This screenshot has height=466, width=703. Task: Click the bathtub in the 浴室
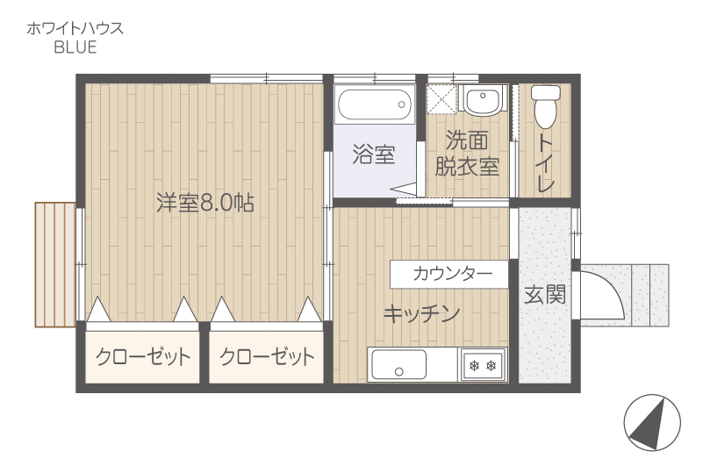[375, 104]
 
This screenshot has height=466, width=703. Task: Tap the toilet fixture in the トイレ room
[545, 106]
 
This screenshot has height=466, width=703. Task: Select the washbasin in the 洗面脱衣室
[483, 100]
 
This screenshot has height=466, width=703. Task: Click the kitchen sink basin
[399, 364]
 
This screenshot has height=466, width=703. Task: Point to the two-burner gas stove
[483, 365]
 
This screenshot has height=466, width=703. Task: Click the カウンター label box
[448, 274]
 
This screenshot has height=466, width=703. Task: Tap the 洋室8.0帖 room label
[204, 203]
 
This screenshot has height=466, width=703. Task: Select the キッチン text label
[421, 313]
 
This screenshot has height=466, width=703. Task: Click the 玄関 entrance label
[545, 294]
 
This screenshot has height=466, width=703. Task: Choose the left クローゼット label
[143, 357]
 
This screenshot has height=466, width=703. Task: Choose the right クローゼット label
[267, 357]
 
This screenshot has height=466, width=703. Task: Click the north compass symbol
[652, 422]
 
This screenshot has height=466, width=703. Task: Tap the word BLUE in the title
[75, 47]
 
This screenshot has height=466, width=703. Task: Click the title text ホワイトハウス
[75, 29]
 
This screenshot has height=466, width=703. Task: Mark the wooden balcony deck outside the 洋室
[55, 265]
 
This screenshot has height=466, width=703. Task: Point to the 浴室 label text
[373, 154]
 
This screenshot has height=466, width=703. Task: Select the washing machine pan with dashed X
[441, 98]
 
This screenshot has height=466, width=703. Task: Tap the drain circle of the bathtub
[401, 104]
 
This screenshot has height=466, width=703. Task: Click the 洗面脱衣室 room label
[467, 154]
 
